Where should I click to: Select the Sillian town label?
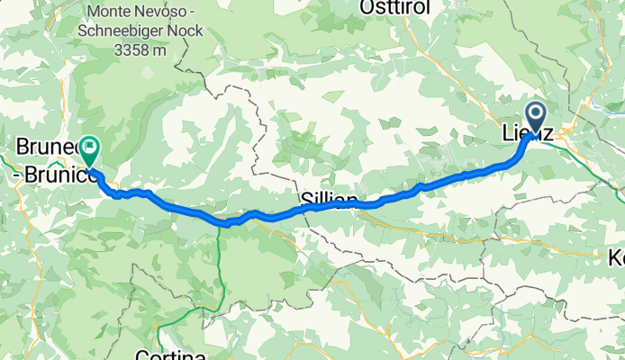[330, 200]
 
